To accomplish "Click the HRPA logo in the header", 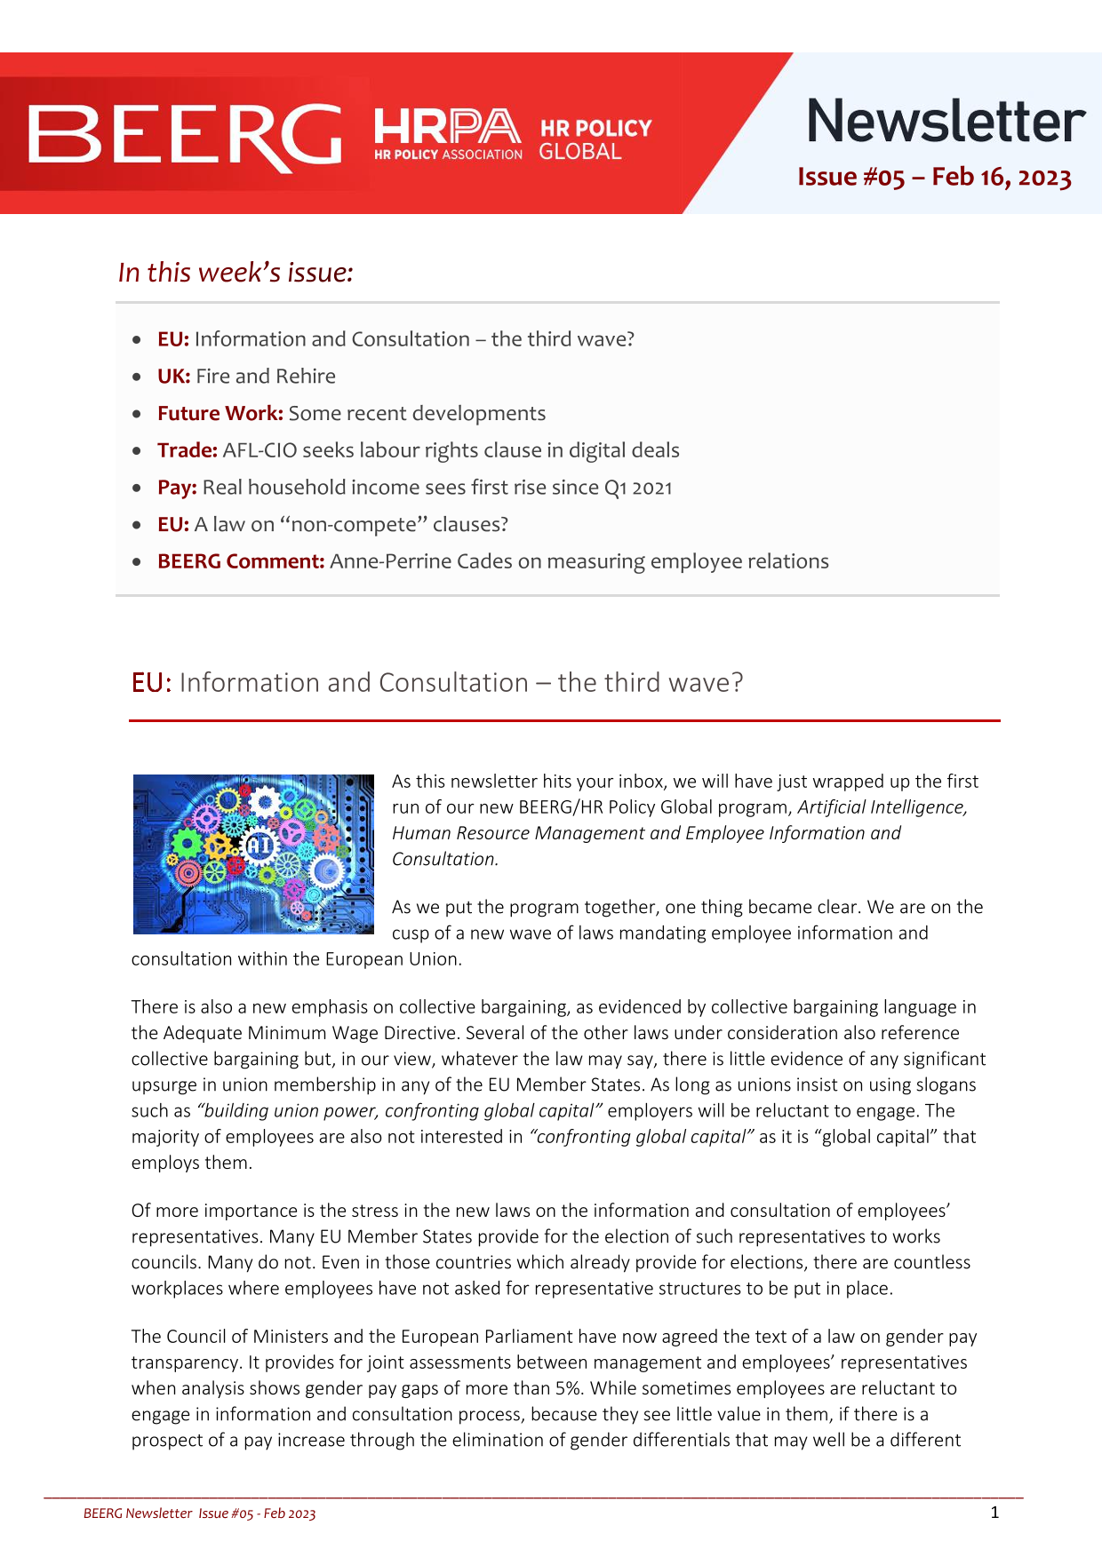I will [447, 133].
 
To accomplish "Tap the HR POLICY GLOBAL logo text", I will [595, 139].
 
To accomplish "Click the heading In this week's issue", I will [236, 272].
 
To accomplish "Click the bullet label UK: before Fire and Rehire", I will [173, 376].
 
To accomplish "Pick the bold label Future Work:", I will [220, 413].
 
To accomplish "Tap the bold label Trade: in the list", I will [187, 450].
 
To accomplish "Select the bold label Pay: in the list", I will [177, 488].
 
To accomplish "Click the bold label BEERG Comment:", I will [241, 561].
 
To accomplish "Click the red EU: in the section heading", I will [151, 683].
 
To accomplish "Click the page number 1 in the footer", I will [994, 1513].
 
